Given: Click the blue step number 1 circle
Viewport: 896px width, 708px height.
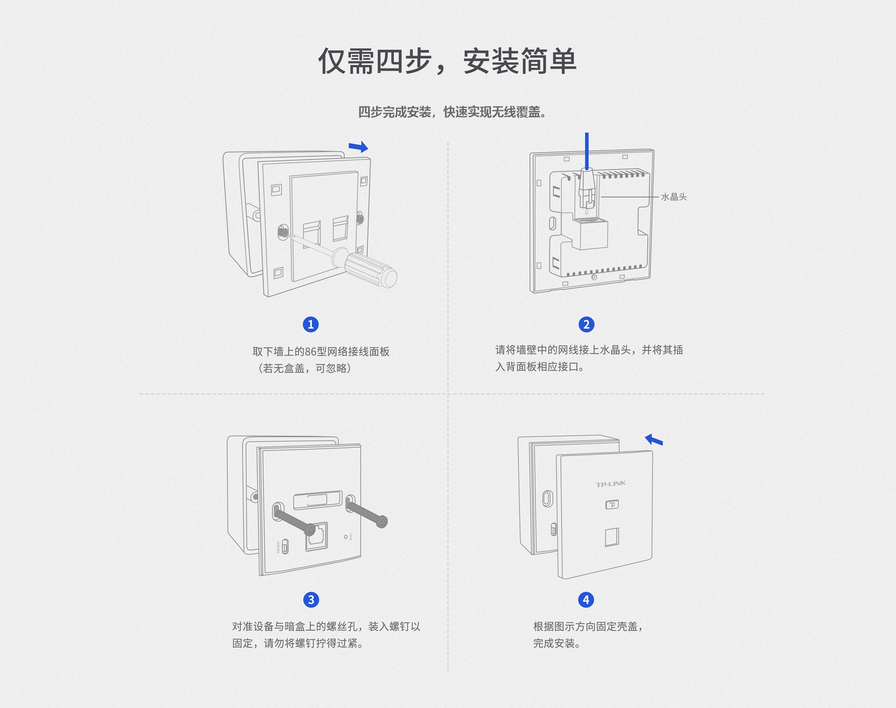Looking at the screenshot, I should pyautogui.click(x=311, y=324).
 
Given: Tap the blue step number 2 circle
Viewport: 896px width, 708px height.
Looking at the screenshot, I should pyautogui.click(x=587, y=324).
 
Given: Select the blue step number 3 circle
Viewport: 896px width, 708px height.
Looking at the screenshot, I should pyautogui.click(x=311, y=600).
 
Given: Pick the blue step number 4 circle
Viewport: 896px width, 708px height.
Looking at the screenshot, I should pyautogui.click(x=586, y=600).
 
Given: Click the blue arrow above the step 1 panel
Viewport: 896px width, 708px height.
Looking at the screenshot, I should pyautogui.click(x=358, y=147).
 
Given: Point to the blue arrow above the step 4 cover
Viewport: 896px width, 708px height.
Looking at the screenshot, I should pyautogui.click(x=654, y=440).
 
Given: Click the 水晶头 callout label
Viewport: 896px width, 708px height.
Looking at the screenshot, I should pyautogui.click(x=674, y=197).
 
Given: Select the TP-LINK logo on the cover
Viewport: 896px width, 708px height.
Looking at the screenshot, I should pyautogui.click(x=611, y=484).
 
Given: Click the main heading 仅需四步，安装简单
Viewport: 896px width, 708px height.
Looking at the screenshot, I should pyautogui.click(x=448, y=61).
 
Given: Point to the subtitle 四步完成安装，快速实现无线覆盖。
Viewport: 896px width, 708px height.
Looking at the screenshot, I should pyautogui.click(x=452, y=112).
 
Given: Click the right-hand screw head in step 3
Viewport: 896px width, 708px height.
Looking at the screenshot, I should pyautogui.click(x=382, y=521).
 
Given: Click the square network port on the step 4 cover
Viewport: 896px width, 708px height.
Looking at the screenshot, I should pyautogui.click(x=612, y=537).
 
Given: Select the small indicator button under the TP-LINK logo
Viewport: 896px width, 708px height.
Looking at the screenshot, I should pyautogui.click(x=612, y=505).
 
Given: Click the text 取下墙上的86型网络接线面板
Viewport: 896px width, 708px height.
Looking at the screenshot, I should pyautogui.click(x=321, y=351).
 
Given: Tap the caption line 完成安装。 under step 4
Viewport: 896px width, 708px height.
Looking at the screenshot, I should pyautogui.click(x=557, y=643).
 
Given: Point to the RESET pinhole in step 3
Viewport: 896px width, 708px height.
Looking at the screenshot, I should pyautogui.click(x=346, y=537).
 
